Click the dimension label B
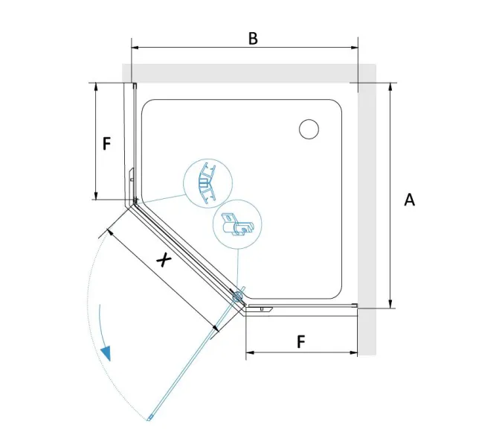pos(253,38)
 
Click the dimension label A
pos(409,200)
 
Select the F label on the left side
pos(106,142)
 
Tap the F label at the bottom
pos(300,341)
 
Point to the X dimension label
pos(164,260)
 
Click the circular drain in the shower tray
pos(309,129)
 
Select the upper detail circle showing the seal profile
pos(207,183)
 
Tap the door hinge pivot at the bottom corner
pos(238,297)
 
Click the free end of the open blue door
pos(151,419)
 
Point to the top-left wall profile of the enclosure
pos(133,86)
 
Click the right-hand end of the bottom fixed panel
pos(355,305)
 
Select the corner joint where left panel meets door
pos(135,201)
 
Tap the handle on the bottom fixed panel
pos(261,308)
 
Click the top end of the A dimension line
pos(390,83)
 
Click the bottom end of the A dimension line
pos(390,306)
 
